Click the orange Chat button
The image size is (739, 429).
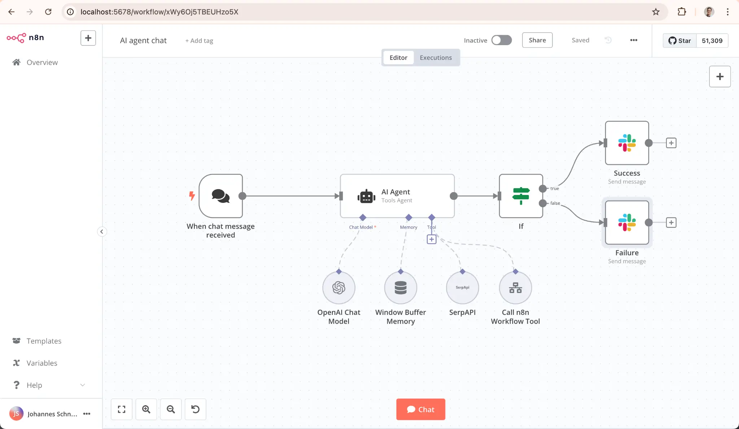(x=420, y=409)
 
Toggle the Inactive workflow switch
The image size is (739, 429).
(x=502, y=40)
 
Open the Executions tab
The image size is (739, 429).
(x=436, y=57)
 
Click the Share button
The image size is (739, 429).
(x=537, y=40)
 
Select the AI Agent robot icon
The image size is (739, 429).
(x=366, y=196)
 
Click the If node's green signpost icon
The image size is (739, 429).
(x=521, y=196)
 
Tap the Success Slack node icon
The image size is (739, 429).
(x=627, y=143)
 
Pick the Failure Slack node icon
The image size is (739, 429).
(x=627, y=222)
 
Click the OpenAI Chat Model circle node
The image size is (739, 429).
(x=338, y=288)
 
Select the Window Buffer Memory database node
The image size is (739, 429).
(x=401, y=288)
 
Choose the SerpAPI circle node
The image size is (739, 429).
(x=462, y=288)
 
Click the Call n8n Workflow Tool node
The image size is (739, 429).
(x=515, y=288)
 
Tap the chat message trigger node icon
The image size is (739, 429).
(x=220, y=196)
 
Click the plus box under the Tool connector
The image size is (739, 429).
(x=432, y=239)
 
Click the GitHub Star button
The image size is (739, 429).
(x=679, y=40)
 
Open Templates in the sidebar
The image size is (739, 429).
(x=44, y=341)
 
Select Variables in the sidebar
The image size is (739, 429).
(x=42, y=363)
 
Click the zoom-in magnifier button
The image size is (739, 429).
(x=146, y=409)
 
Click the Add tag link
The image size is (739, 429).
(x=199, y=41)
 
